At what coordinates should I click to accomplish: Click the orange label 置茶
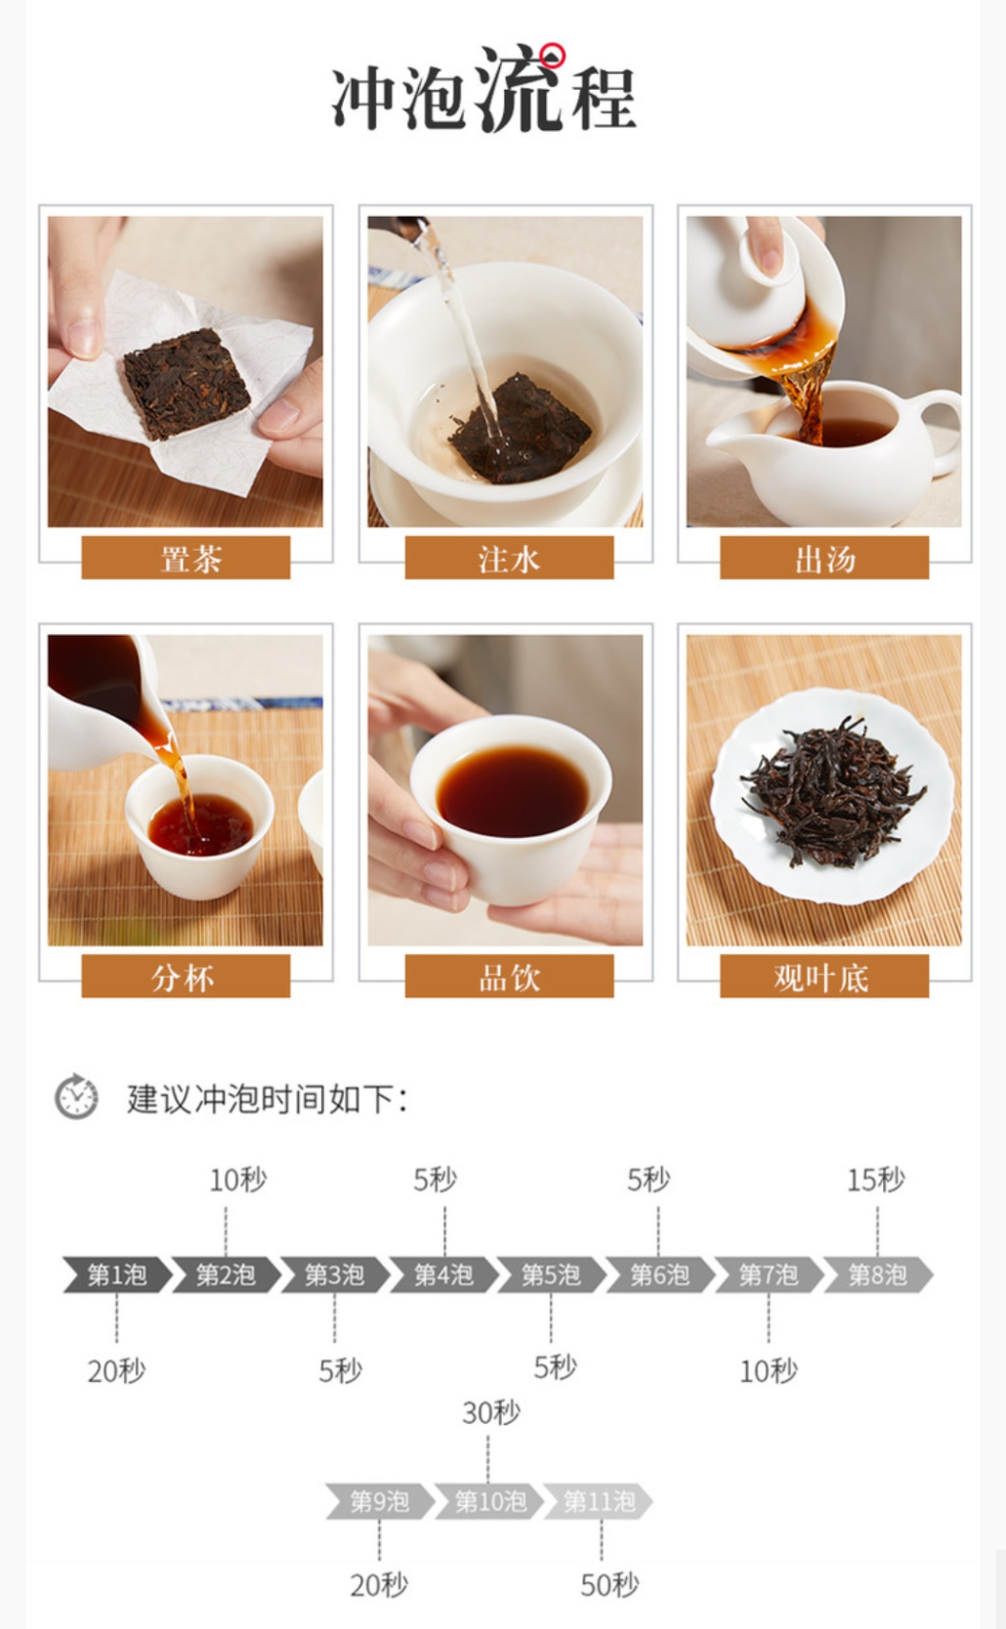tap(186, 558)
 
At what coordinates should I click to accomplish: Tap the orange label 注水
tap(509, 558)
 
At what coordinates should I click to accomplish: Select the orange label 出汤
tap(824, 558)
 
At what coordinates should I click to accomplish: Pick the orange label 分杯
tap(186, 976)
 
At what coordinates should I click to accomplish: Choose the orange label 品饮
tap(509, 976)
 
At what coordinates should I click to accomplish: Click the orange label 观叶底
tap(824, 976)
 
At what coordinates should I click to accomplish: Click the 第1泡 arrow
tap(117, 1274)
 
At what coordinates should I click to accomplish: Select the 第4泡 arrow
tap(443, 1274)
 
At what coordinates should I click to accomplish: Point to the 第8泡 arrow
tap(878, 1274)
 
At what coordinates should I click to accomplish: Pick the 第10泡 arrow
tap(489, 1501)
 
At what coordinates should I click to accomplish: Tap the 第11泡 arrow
tap(599, 1501)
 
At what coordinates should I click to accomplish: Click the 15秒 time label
tap(876, 1180)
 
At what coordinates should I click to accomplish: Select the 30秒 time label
tap(491, 1413)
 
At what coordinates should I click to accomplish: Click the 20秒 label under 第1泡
tap(116, 1371)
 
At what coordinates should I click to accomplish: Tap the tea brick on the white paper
tap(187, 382)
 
